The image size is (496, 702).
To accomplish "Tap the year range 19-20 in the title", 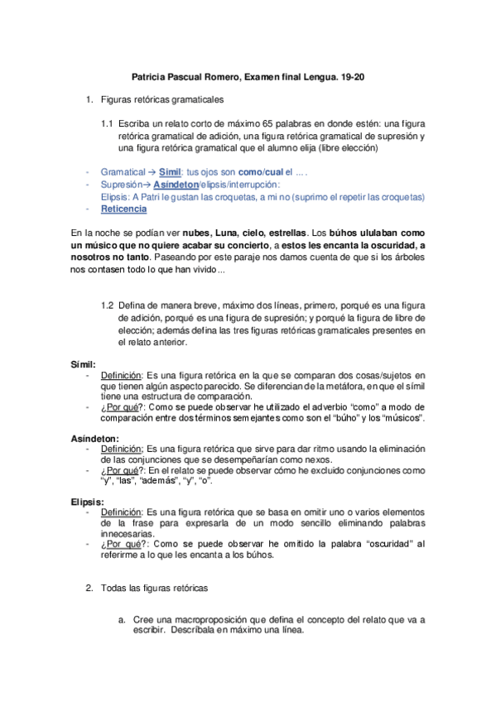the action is click(x=352, y=78).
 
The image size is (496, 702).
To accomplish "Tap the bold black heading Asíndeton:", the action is click(x=94, y=438).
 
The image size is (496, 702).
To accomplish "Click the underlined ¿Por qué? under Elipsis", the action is click(x=123, y=543).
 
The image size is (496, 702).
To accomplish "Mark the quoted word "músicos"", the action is click(x=401, y=417).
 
